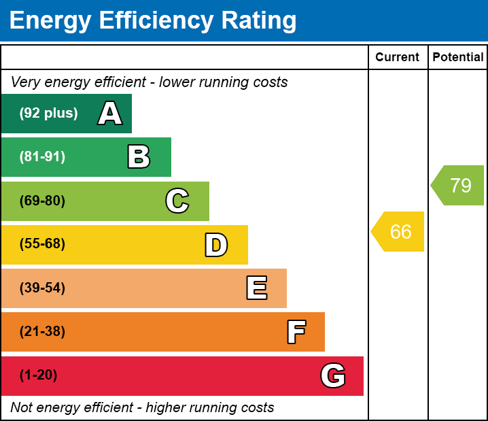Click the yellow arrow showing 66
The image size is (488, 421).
click(x=398, y=232)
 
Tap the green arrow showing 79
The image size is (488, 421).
click(x=458, y=185)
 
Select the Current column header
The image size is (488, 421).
click(x=398, y=58)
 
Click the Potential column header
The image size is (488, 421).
click(x=458, y=58)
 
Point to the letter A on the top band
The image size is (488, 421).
click(x=110, y=114)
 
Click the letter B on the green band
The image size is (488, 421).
click(x=139, y=157)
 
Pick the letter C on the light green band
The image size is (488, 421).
click(x=177, y=201)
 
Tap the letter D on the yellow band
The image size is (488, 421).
click(x=216, y=245)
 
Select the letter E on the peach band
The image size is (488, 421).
click(x=256, y=288)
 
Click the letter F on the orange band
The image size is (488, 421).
click(x=296, y=332)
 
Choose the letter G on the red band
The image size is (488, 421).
click(x=333, y=375)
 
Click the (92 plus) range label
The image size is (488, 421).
click(x=48, y=114)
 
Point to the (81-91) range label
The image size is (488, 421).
click(x=42, y=157)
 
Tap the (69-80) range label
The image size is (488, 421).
click(x=42, y=201)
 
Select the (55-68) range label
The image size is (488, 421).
click(x=42, y=244)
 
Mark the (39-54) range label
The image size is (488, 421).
click(x=42, y=288)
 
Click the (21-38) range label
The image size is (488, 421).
click(x=42, y=332)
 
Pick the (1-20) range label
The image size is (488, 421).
click(x=38, y=375)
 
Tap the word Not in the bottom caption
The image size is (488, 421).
click(x=22, y=408)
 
